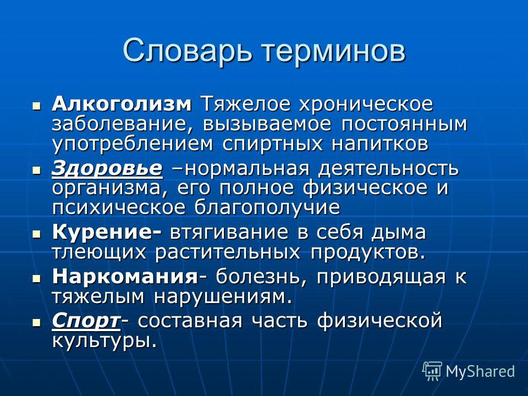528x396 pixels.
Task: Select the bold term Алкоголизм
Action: click(x=122, y=105)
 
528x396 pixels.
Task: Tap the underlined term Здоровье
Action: click(x=107, y=169)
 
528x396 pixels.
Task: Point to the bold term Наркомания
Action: click(x=125, y=277)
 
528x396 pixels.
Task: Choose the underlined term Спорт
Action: click(x=86, y=321)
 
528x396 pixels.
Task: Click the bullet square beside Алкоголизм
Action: click(x=36, y=106)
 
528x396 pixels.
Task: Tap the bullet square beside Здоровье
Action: click(x=36, y=169)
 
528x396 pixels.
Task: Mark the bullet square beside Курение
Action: click(x=36, y=233)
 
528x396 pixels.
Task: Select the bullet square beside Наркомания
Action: click(x=36, y=278)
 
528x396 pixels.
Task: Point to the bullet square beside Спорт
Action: click(x=36, y=322)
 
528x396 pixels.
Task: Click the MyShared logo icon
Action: click(x=432, y=371)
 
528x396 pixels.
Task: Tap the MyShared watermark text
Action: click(x=480, y=371)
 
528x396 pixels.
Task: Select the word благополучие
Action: click(x=267, y=208)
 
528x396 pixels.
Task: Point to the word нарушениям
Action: click(x=223, y=297)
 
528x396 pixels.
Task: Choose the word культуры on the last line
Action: click(x=105, y=342)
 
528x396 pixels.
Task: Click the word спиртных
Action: click(x=272, y=144)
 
